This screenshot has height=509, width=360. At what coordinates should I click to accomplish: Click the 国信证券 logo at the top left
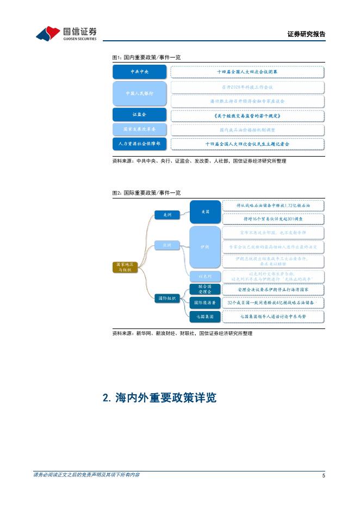point(66,33)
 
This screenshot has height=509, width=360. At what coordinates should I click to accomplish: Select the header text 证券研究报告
point(306,34)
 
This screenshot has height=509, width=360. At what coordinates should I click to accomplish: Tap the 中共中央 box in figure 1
point(140,72)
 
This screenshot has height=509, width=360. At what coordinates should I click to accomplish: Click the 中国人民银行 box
point(140,94)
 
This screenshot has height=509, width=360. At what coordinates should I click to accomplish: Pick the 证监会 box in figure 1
point(140,115)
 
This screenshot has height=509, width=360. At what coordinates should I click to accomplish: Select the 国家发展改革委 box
point(140,130)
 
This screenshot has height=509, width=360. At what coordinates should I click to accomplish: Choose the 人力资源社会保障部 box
point(140,144)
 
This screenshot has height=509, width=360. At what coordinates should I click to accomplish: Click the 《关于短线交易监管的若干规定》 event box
point(247,115)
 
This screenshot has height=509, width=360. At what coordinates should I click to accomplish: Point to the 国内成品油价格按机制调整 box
point(247,130)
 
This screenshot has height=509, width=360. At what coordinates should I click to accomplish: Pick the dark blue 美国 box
point(205,211)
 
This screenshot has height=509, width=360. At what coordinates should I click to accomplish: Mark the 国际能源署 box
point(205,302)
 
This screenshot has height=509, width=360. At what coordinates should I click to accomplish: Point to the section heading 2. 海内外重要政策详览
point(160,398)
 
